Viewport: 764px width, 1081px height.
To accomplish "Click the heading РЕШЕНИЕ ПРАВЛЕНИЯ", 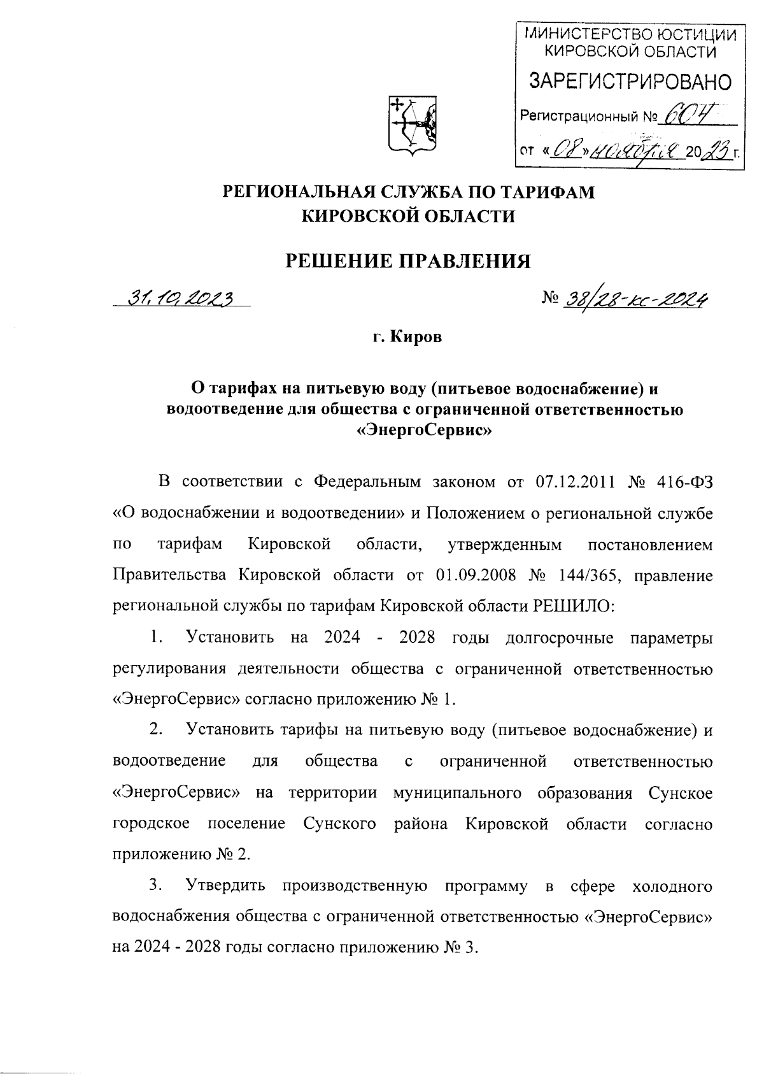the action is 407,261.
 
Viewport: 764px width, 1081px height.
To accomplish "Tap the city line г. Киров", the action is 407,337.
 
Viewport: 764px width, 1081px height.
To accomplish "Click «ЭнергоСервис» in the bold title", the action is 425,431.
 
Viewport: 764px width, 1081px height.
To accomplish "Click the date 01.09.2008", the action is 476,575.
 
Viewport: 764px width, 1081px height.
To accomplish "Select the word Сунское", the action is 679,793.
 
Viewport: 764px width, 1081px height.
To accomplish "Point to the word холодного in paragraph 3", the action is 669,885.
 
